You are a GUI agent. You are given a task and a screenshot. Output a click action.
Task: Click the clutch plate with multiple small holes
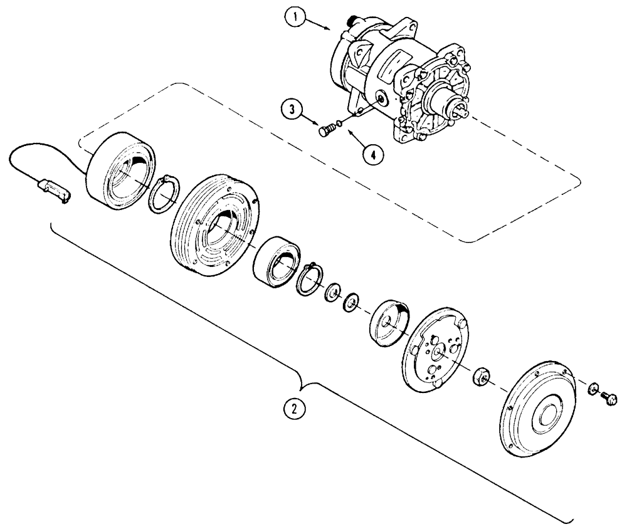(440, 351)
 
